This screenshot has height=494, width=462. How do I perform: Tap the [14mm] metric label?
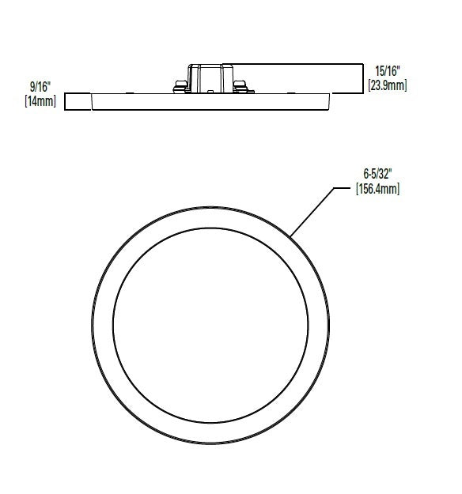(x=41, y=101)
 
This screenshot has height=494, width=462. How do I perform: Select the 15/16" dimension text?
(x=387, y=70)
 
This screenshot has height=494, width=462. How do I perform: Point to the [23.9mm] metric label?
(x=387, y=84)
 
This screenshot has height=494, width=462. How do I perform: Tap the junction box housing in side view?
(x=210, y=78)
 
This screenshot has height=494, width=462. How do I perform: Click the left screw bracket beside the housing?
(x=176, y=85)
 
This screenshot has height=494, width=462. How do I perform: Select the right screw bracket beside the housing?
(x=243, y=85)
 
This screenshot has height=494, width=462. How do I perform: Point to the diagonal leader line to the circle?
(x=312, y=211)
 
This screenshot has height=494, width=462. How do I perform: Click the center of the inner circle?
(x=210, y=323)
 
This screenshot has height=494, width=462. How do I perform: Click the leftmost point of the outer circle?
(x=91, y=323)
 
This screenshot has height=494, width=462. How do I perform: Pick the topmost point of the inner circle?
(x=210, y=228)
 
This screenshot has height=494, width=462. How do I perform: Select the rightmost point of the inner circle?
(x=306, y=323)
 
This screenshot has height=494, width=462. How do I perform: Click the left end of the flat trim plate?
(x=93, y=100)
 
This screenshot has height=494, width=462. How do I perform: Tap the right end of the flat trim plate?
(x=328, y=100)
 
